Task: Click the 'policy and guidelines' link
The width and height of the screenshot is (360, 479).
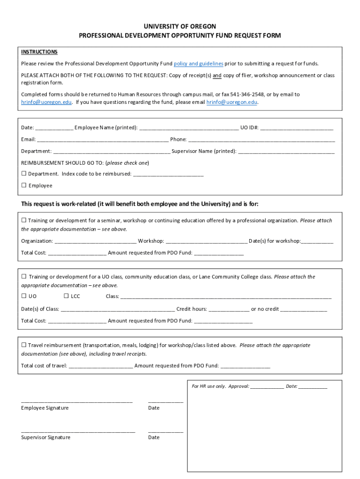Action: point(198,64)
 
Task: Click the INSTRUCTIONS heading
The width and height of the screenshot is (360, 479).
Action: point(39,52)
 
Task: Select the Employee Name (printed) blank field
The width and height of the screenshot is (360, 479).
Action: point(188,128)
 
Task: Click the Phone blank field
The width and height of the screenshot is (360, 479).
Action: point(261,139)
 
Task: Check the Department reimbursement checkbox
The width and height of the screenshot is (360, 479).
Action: point(24,174)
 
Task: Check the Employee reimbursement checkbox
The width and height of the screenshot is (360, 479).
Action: point(24,185)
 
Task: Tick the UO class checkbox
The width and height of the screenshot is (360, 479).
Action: point(24,296)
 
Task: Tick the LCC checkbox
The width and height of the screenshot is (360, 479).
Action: point(66,296)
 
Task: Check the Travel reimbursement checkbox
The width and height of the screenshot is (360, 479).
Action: point(24,345)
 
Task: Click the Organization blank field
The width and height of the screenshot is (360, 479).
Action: point(95,241)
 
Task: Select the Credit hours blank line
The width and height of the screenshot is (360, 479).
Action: point(229,309)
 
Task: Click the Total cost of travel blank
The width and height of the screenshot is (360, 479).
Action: point(101,366)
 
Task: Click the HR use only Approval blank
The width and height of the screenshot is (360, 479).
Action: point(266,387)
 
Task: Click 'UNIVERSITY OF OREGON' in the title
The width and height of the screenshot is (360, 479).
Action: point(180,26)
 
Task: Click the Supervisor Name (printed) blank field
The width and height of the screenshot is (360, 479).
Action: point(286,152)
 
